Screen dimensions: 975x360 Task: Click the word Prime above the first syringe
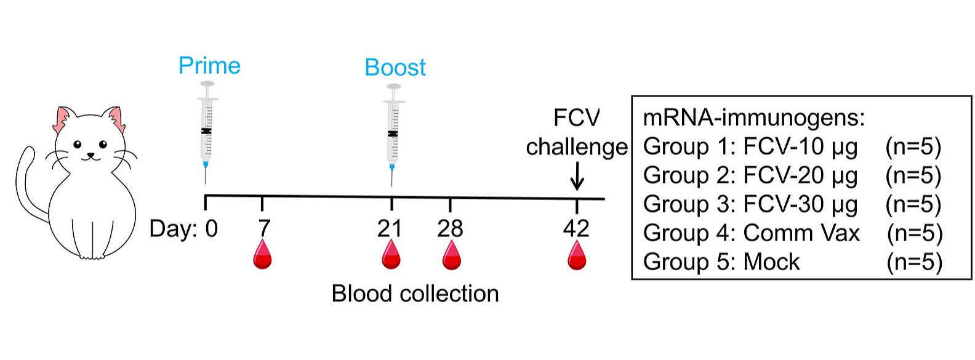(209, 66)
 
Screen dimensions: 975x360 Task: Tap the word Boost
(395, 68)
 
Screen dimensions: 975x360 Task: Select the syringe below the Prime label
(207, 132)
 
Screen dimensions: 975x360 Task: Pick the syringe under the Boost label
(393, 135)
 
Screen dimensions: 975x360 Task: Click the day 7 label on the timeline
(264, 228)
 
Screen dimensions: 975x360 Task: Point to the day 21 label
(390, 228)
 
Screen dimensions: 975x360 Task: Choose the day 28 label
(450, 228)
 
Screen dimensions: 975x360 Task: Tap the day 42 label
(576, 228)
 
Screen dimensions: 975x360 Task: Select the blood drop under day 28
(452, 255)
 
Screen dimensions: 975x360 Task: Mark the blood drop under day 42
(577, 255)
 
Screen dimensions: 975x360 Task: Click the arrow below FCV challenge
(577, 176)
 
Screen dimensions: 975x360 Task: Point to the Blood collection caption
(415, 294)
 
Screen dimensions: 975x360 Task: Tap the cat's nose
(90, 154)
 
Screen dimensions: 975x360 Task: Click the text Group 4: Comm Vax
(752, 233)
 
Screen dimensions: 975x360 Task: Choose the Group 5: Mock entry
(721, 262)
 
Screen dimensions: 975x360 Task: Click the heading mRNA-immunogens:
(754, 118)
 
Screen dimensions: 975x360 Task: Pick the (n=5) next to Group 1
(913, 146)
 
